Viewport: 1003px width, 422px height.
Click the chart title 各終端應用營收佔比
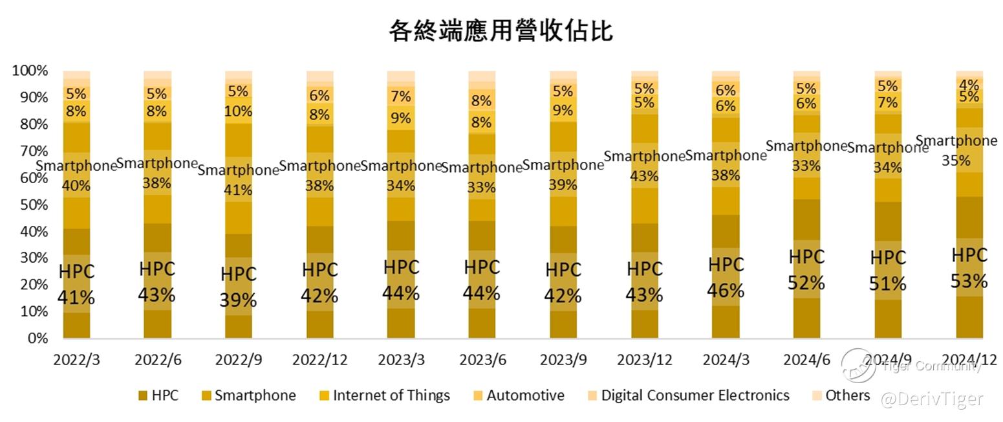tap(501, 30)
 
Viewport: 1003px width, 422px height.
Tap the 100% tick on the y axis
tap(30, 71)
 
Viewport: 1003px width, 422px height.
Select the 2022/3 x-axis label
tap(76, 360)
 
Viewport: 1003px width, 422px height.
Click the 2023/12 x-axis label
tap(644, 360)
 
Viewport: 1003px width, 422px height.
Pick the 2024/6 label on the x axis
tap(806, 360)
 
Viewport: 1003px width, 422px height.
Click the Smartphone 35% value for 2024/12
tap(955, 161)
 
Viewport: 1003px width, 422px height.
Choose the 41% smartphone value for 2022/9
tap(239, 190)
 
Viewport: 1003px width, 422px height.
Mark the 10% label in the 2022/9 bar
tap(239, 111)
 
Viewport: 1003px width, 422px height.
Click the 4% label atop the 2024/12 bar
tap(969, 84)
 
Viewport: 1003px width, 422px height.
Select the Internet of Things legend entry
tap(391, 395)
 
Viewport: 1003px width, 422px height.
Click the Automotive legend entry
tap(525, 395)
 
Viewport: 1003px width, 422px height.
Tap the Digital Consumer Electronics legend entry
tap(695, 395)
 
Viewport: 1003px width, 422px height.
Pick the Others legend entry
tap(847, 395)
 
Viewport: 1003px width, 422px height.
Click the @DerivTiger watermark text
tap(932, 399)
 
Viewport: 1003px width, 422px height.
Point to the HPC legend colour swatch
tap(142, 395)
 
